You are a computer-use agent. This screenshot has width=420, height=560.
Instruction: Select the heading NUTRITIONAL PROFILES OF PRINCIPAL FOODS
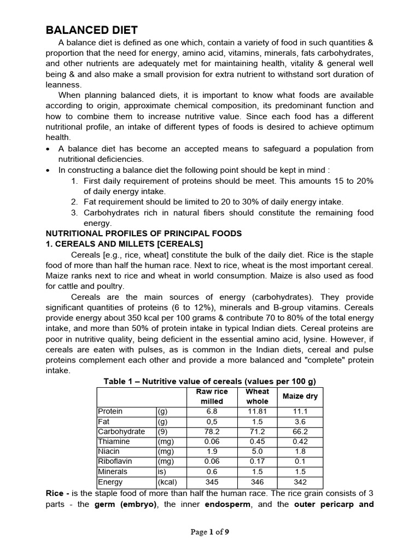(x=143, y=234)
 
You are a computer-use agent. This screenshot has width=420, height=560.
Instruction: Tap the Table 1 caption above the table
(x=210, y=381)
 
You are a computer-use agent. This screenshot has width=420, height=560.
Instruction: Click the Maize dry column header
(x=300, y=396)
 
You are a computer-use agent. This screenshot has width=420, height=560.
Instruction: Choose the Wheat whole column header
(x=257, y=396)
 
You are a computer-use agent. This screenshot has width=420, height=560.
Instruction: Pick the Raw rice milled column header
(x=212, y=396)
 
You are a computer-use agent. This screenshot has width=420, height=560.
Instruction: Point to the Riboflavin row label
(x=114, y=461)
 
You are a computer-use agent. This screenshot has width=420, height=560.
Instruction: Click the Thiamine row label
(x=114, y=441)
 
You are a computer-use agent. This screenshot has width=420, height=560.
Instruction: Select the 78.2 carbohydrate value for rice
(x=212, y=431)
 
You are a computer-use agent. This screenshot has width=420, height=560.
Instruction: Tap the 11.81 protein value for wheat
(x=257, y=411)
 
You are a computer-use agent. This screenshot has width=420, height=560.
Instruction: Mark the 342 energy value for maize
(x=300, y=482)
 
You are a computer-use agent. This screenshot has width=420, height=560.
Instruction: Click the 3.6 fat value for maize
(x=300, y=422)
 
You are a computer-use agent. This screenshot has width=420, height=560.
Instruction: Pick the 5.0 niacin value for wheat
(x=257, y=452)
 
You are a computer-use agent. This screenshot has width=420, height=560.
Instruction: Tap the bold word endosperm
(x=226, y=504)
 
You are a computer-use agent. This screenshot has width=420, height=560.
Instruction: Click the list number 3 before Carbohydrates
(x=74, y=213)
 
